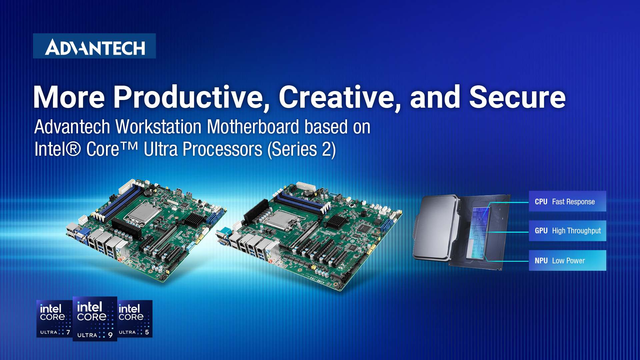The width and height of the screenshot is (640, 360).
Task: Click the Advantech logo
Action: pos(94,47)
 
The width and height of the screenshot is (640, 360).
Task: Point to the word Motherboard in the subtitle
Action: pos(253,127)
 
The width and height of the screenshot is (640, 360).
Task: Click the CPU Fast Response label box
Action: pos(567,201)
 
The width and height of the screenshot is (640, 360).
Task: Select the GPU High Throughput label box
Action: pos(567,231)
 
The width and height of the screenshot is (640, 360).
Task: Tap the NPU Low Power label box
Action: pos(567,260)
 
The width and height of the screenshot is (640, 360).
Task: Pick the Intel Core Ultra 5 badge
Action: pos(135,319)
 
